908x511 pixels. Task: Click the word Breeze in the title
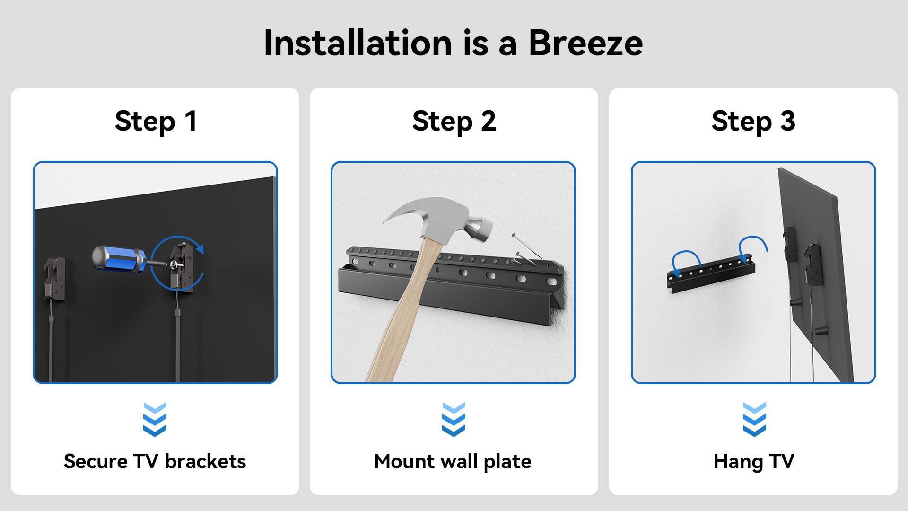(x=585, y=43)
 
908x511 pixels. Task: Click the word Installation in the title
(x=358, y=43)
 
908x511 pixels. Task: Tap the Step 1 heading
(x=156, y=121)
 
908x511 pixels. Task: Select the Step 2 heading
(x=454, y=121)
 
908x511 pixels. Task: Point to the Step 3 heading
(x=753, y=121)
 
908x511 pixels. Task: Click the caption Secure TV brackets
(x=155, y=461)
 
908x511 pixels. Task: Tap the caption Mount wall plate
(x=453, y=461)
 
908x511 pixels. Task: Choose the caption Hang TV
(x=754, y=461)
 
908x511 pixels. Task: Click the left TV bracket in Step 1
(x=55, y=279)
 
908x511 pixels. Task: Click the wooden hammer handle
(x=402, y=322)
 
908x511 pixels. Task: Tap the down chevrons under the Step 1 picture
(x=155, y=419)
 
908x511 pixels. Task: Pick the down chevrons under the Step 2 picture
(x=454, y=419)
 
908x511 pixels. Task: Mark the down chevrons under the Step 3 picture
(x=754, y=419)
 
